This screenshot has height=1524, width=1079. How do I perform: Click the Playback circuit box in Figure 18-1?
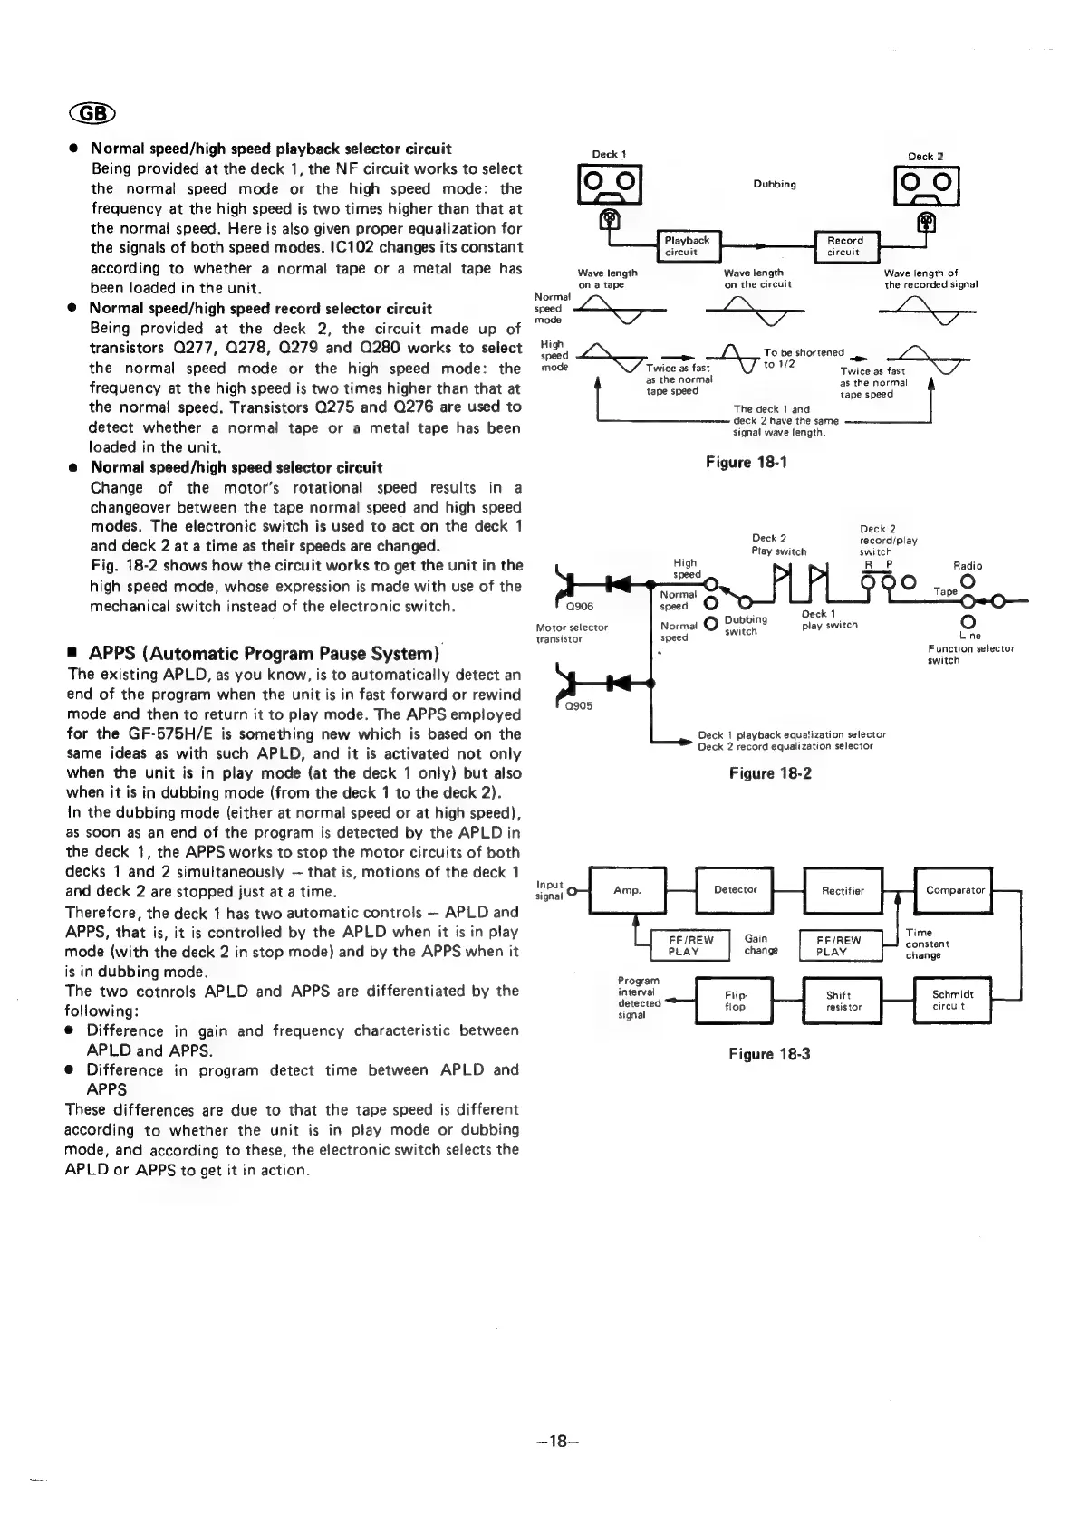click(x=687, y=245)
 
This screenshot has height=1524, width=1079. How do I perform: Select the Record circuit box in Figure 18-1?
click(x=845, y=245)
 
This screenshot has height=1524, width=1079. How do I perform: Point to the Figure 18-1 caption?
click(x=747, y=463)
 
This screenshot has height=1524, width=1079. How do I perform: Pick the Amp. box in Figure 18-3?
click(x=627, y=890)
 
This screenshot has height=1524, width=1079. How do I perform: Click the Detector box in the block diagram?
click(x=735, y=890)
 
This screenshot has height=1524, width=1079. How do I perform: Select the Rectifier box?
click(x=843, y=890)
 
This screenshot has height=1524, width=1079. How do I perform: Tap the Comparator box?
click(x=955, y=890)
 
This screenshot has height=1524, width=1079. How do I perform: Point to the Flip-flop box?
click(x=735, y=1000)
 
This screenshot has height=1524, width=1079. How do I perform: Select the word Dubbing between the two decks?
click(x=775, y=185)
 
